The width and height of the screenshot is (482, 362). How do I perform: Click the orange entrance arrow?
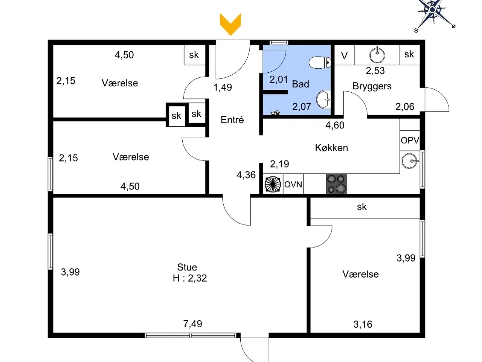click(230, 24)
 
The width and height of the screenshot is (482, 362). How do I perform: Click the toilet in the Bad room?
click(320, 63)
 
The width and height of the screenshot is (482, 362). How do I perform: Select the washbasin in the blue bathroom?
click(323, 100)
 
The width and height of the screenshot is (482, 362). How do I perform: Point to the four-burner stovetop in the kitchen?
click(336, 184)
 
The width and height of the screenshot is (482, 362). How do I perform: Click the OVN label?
click(293, 184)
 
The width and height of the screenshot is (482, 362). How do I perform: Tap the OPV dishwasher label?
click(410, 140)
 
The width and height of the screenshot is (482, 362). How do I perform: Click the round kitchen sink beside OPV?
click(410, 161)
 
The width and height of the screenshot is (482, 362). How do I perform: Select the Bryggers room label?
click(372, 86)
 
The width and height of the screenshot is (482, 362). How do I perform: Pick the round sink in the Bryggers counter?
click(377, 55)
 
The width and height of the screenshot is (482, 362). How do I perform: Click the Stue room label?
click(187, 267)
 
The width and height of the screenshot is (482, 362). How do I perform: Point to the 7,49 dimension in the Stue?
click(192, 324)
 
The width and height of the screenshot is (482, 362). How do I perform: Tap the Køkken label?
click(331, 148)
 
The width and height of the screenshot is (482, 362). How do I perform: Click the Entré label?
click(232, 120)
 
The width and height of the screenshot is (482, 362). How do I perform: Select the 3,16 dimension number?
click(363, 324)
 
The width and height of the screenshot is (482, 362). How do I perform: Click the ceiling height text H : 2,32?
click(190, 278)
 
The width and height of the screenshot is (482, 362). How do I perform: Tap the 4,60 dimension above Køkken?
click(335, 125)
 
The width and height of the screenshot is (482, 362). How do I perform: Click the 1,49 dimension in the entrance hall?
click(223, 87)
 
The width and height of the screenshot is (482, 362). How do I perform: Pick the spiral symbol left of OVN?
click(273, 184)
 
